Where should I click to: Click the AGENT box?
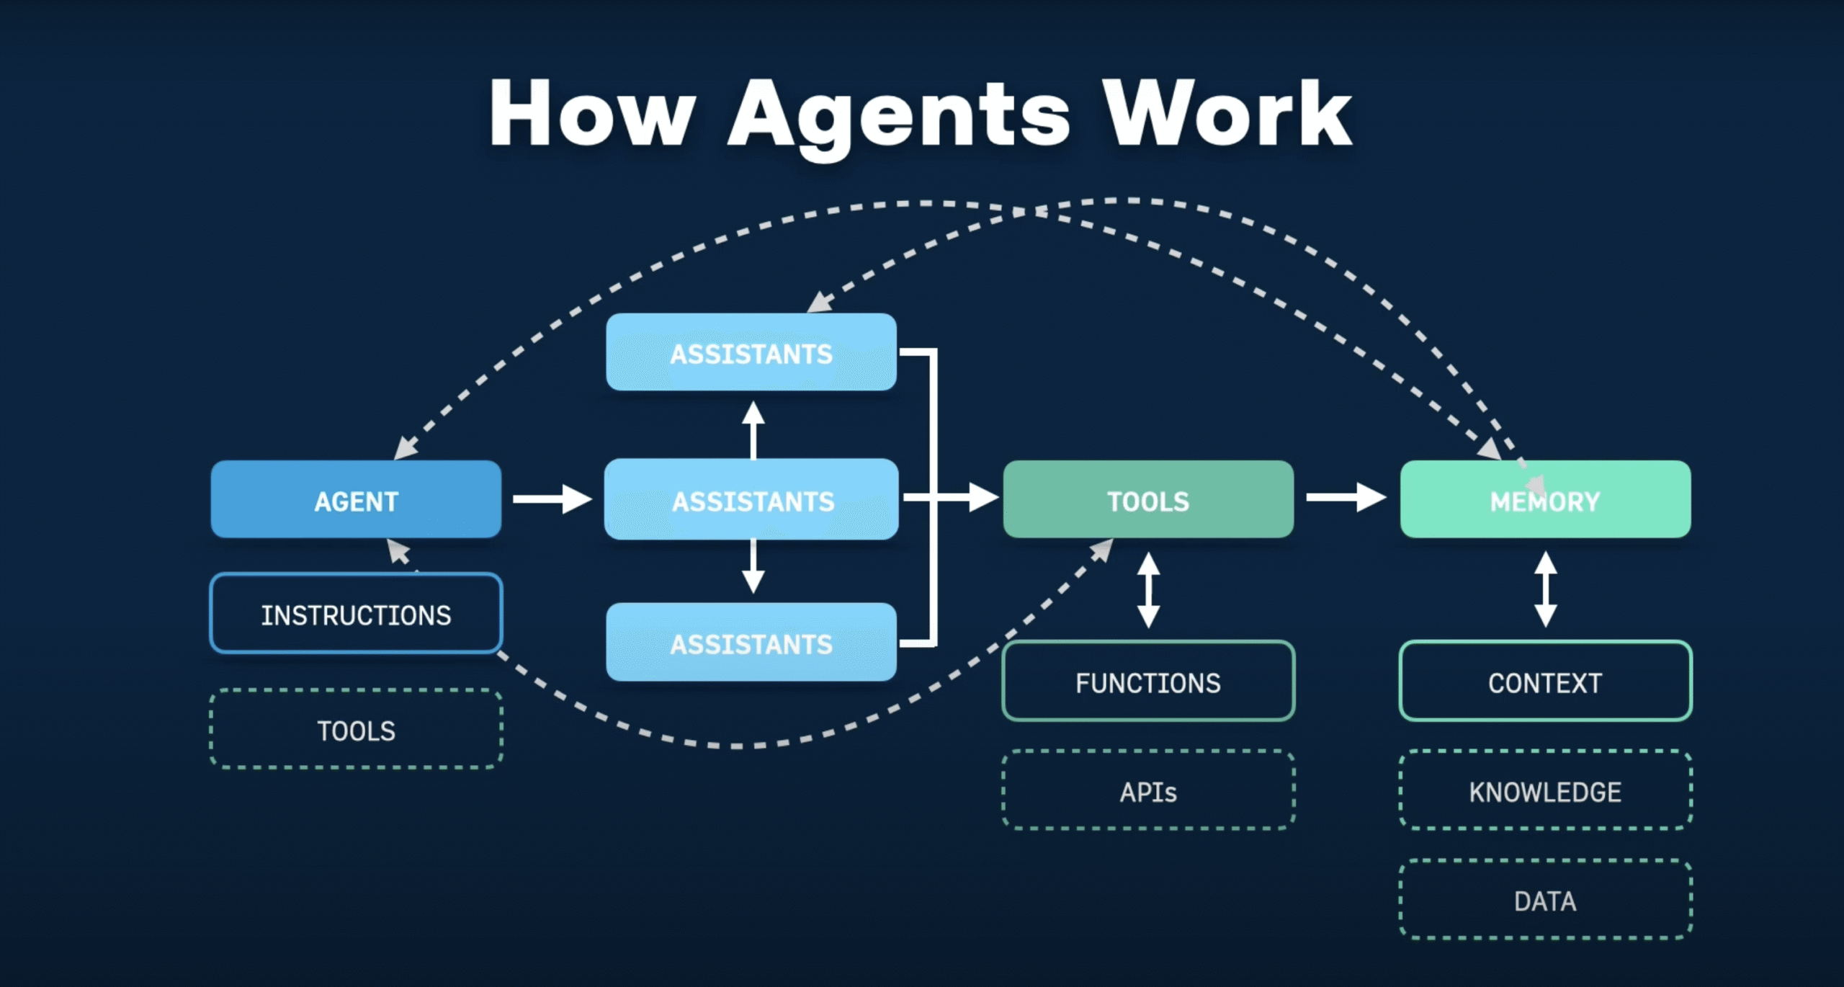point(356,499)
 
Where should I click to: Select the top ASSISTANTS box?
point(751,352)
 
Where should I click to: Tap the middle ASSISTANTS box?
point(751,499)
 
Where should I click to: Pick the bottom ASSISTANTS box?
point(751,643)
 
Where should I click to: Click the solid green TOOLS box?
point(1148,499)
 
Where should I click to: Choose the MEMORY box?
point(1545,499)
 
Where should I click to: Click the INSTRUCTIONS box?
point(356,614)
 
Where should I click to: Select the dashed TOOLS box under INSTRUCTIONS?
point(356,730)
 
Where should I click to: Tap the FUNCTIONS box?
point(1148,682)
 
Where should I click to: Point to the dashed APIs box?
point(1148,791)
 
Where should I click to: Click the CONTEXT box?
point(1545,682)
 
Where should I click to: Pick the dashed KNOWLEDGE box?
point(1545,791)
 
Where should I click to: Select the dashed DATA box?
point(1545,900)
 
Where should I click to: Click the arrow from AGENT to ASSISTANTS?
point(551,499)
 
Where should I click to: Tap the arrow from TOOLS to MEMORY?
point(1345,497)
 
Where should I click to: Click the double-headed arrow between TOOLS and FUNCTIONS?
point(1148,590)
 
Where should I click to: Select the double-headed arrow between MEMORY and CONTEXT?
point(1546,589)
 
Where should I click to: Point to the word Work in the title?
point(1227,115)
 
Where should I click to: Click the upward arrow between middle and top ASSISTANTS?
point(753,431)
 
